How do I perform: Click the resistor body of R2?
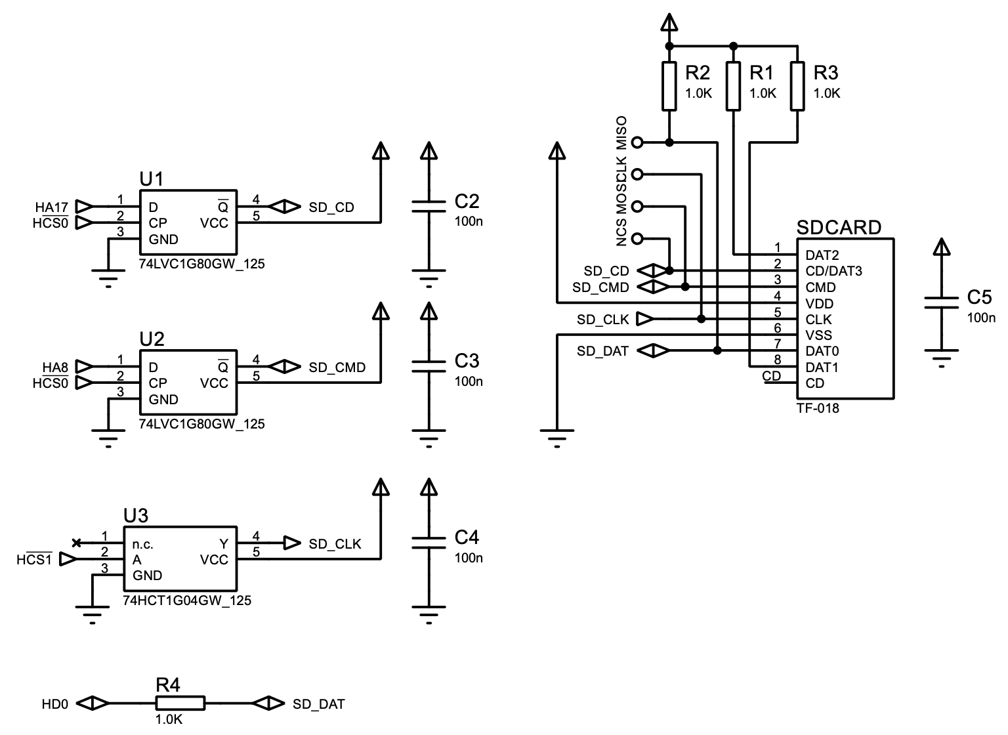(x=669, y=86)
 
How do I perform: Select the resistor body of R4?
(x=180, y=703)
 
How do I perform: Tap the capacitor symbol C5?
(x=942, y=303)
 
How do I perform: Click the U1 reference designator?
(x=152, y=178)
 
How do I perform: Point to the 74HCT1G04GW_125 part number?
(x=187, y=600)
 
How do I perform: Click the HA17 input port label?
(x=51, y=207)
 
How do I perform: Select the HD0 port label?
(x=54, y=704)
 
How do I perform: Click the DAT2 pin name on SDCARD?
(x=822, y=255)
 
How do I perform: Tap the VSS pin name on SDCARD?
(x=818, y=335)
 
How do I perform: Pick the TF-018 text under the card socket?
(x=818, y=408)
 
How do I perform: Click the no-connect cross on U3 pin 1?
(x=76, y=543)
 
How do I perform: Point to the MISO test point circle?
(x=636, y=142)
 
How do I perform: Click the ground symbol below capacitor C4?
(x=429, y=613)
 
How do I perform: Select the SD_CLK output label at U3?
(x=335, y=544)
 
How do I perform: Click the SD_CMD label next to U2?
(x=337, y=367)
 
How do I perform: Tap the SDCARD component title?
(x=839, y=228)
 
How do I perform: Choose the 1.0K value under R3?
(x=826, y=94)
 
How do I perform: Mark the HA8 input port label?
(x=55, y=367)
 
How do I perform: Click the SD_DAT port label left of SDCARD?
(x=602, y=352)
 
